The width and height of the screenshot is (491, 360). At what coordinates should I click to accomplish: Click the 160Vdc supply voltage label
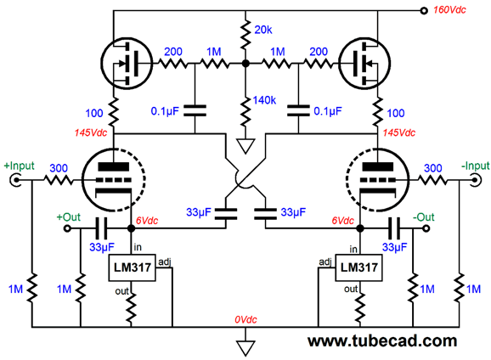[449, 10]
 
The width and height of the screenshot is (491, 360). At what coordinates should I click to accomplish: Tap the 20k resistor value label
[263, 30]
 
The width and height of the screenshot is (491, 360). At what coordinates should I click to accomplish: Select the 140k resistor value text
[264, 100]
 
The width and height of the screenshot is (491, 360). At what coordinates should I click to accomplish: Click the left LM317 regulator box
[133, 267]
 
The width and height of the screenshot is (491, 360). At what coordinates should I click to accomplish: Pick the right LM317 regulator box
[358, 267]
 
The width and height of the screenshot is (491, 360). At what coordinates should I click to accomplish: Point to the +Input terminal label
[19, 166]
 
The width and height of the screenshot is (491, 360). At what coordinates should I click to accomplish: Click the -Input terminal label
[476, 166]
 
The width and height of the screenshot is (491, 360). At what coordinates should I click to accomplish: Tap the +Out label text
[69, 217]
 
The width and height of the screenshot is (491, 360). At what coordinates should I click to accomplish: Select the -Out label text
[424, 217]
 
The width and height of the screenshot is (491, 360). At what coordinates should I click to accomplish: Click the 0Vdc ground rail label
[245, 319]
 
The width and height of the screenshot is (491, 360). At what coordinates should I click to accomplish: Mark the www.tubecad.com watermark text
[382, 340]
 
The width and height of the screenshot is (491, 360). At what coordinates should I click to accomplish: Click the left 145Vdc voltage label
[91, 132]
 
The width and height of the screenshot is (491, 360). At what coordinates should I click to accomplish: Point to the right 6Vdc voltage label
[343, 221]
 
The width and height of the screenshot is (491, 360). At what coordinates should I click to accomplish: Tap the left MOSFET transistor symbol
[127, 63]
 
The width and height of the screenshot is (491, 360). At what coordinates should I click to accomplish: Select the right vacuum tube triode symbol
[378, 179]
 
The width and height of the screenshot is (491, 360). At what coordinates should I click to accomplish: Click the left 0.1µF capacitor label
[165, 111]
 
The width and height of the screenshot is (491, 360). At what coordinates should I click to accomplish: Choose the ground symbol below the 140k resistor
[245, 147]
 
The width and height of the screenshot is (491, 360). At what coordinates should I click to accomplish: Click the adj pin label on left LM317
[165, 262]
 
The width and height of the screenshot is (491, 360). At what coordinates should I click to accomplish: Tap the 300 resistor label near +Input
[59, 168]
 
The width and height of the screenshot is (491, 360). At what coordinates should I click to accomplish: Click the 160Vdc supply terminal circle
[424, 11]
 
